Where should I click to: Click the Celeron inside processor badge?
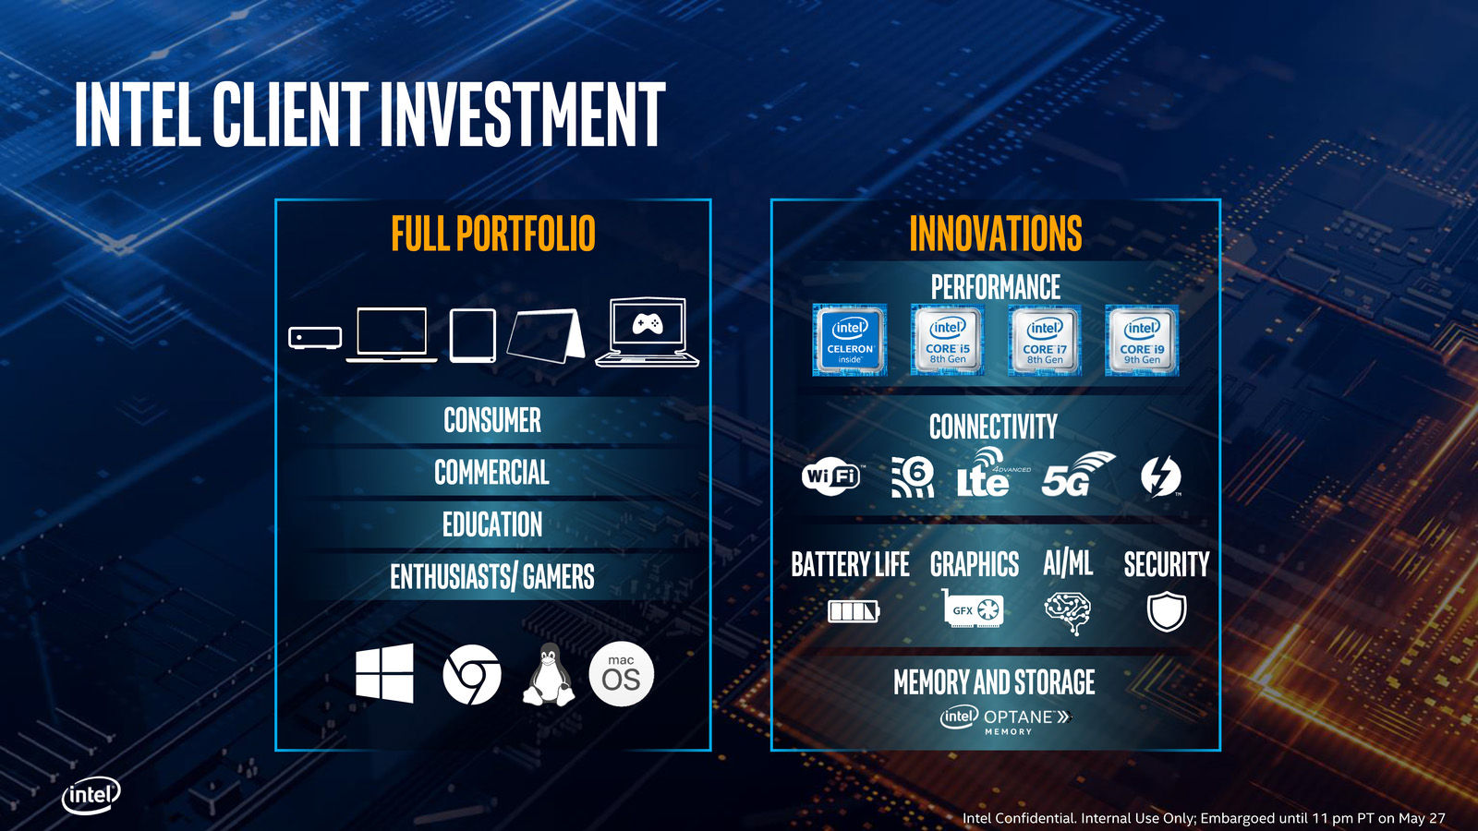pos(850,341)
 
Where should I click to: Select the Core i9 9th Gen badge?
pos(1142,341)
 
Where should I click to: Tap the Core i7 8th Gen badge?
pos(1045,341)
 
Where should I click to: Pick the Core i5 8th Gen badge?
pos(948,341)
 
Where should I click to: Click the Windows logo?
pos(384,673)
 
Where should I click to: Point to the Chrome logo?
pos(472,675)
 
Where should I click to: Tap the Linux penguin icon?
pos(549,675)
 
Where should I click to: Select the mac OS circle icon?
pos(621,674)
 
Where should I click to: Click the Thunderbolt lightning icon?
pos(1161,476)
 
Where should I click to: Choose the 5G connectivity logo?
pos(1077,475)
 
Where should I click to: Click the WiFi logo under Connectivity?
pos(832,476)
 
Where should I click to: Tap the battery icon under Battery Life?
pos(854,611)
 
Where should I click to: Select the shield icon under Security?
pos(1167,611)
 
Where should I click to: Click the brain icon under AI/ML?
pos(1068,613)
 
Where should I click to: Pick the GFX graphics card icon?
pos(973,608)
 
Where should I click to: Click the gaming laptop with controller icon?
pos(648,331)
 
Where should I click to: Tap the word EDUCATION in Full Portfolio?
pos(492,524)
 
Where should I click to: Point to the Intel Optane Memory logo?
pos(1006,720)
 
